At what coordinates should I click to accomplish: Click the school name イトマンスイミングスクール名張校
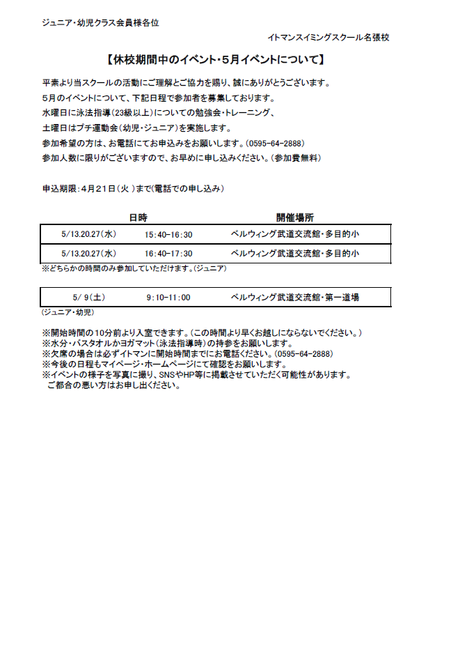[328, 38]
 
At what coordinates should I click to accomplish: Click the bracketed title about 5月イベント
[216, 60]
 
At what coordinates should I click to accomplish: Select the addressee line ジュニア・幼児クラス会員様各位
[101, 22]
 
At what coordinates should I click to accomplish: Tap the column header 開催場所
[294, 217]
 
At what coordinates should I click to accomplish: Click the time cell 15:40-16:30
[168, 235]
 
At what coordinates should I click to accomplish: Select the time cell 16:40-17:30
[168, 254]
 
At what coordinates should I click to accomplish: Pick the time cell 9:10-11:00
[168, 298]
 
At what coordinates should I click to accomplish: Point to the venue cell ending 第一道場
[294, 298]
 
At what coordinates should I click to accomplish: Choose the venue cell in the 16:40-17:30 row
[294, 254]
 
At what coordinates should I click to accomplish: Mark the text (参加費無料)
[295, 158]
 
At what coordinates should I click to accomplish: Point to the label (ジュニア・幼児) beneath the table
[68, 312]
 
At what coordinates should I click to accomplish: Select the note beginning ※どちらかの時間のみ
[134, 268]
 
